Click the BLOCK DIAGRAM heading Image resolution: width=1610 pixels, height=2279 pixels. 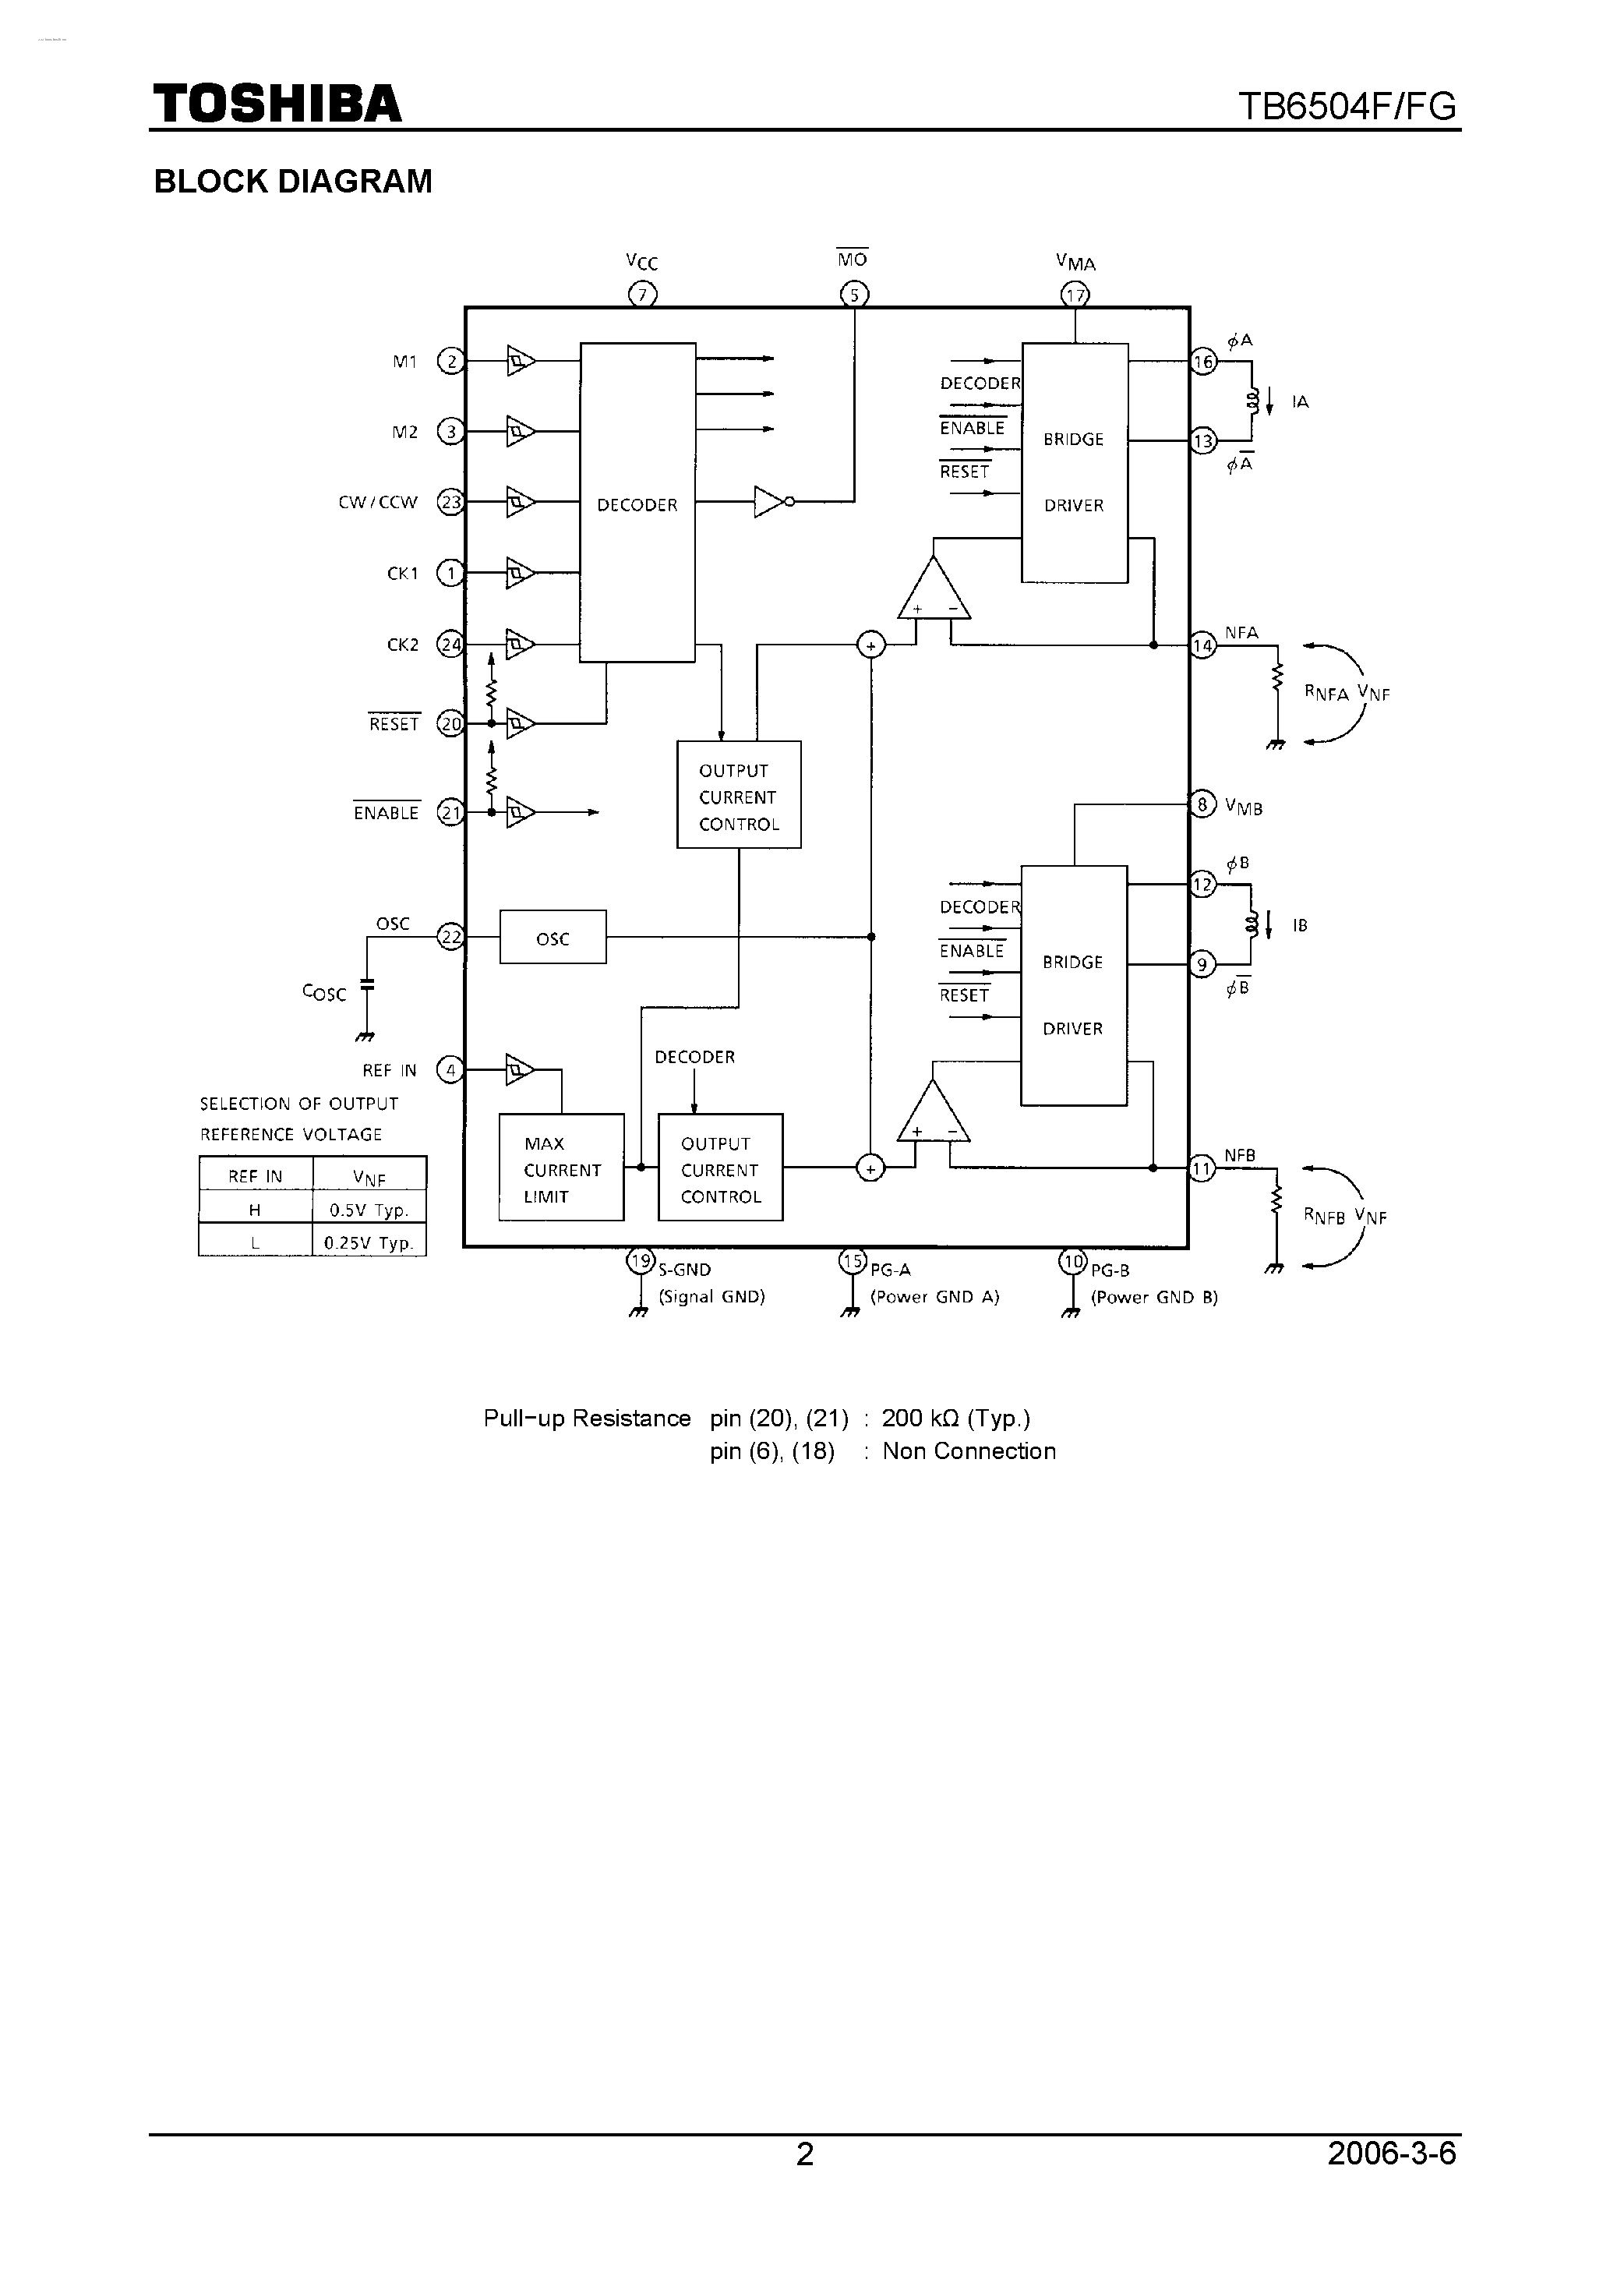[x=293, y=182]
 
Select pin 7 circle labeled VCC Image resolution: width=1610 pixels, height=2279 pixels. [x=642, y=295]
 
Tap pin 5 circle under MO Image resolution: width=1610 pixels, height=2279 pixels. [x=853, y=295]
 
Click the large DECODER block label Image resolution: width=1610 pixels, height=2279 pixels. [x=637, y=505]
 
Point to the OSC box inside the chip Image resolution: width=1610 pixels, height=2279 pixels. [x=553, y=938]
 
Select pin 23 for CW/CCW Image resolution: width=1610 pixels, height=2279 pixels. [x=450, y=502]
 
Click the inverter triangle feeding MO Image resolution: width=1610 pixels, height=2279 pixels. [x=770, y=502]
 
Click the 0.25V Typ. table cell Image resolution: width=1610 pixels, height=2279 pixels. [x=369, y=1242]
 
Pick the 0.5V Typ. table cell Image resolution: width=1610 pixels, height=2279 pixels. [x=369, y=1210]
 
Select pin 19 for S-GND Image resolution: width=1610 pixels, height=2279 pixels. [x=641, y=1262]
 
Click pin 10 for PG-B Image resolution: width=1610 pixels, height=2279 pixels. [x=1072, y=1262]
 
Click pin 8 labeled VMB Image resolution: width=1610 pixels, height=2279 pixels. [x=1202, y=804]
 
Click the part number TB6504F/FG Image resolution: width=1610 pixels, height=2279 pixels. [x=1347, y=106]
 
